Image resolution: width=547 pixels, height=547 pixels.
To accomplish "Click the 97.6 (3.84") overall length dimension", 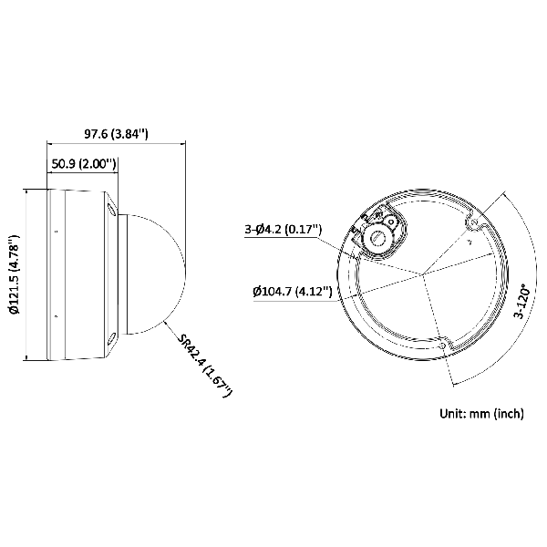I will click(x=116, y=134).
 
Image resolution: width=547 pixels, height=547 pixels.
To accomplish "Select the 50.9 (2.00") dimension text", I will click(x=83, y=164).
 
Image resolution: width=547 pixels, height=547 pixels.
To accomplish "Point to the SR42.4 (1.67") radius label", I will click(x=206, y=365).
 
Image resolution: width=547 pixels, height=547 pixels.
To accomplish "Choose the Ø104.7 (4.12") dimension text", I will click(x=292, y=292).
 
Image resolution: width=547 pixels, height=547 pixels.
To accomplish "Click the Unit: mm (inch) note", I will click(x=481, y=413).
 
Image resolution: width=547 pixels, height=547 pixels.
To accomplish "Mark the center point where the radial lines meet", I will click(x=422, y=273).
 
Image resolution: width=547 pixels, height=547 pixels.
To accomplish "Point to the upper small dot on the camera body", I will click(x=56, y=231).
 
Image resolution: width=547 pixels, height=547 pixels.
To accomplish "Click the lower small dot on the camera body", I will click(x=56, y=316).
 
